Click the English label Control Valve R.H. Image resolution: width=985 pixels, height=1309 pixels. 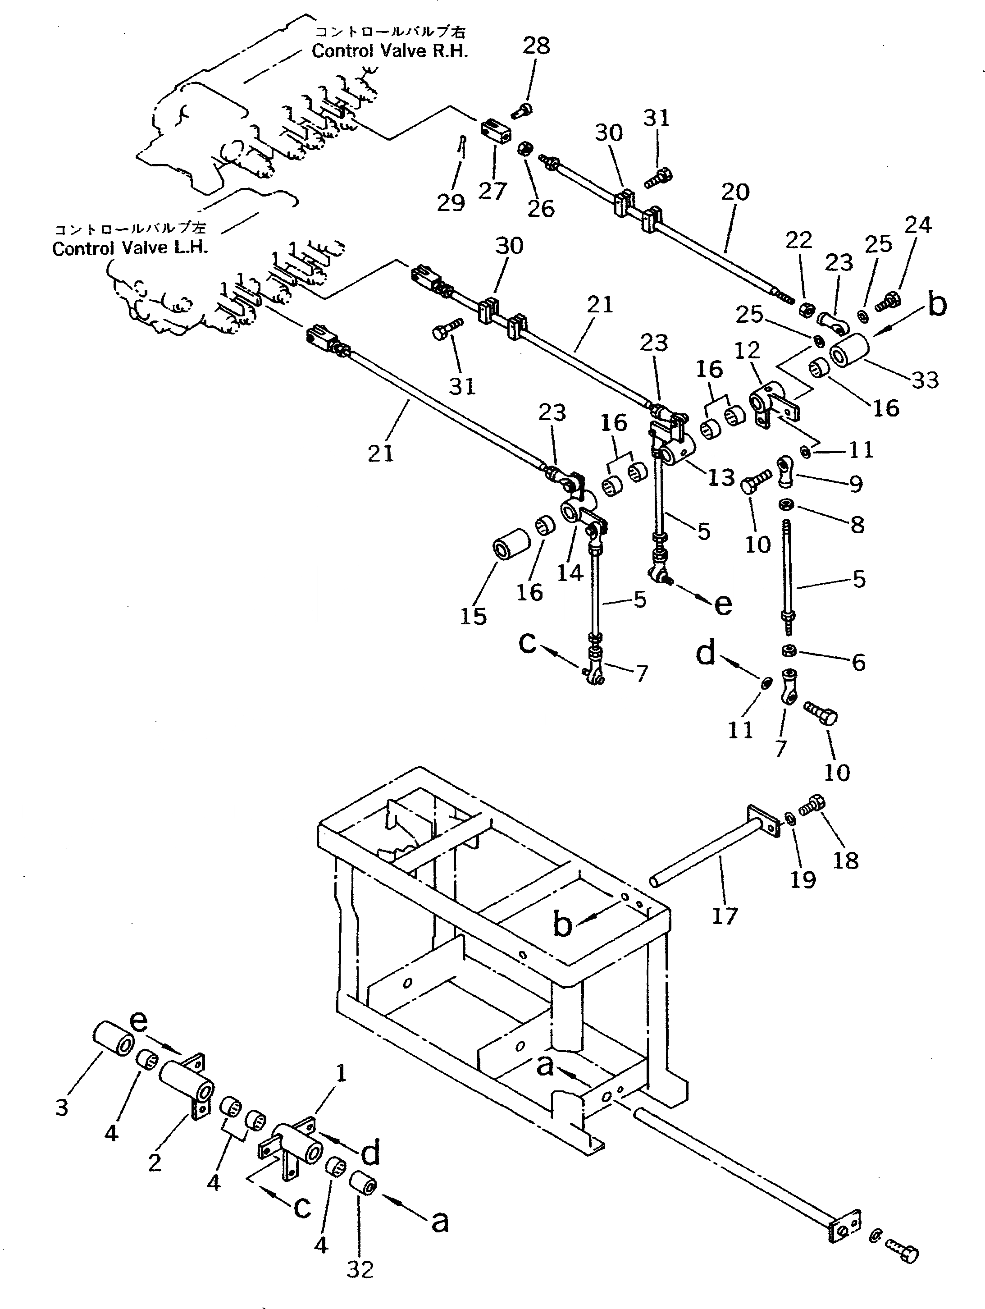click(389, 51)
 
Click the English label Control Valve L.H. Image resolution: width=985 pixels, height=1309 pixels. click(130, 248)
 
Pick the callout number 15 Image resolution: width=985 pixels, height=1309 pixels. click(473, 617)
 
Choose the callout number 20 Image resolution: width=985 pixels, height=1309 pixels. click(735, 192)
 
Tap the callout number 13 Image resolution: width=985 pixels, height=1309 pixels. click(721, 477)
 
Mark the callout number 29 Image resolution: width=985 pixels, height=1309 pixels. click(451, 203)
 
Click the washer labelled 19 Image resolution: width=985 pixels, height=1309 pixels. click(790, 819)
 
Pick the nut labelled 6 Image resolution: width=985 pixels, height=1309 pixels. click(788, 651)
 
